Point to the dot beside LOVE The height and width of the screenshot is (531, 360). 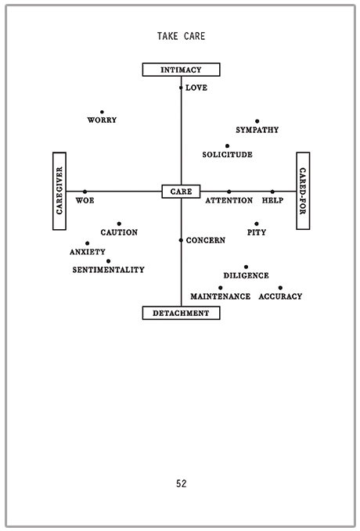tap(181, 88)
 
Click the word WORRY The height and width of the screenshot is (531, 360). tap(102, 120)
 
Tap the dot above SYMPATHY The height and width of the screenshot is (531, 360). tap(257, 121)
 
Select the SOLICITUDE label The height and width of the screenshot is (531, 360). tap(227, 154)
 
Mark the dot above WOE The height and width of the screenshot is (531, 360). tap(85, 192)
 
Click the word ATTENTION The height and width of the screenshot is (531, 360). tap(229, 200)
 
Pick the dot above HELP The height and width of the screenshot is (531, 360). tap(272, 192)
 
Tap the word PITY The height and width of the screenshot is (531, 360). tap(256, 232)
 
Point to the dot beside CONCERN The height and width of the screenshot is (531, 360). tap(181, 240)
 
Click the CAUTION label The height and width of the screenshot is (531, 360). tap(119, 232)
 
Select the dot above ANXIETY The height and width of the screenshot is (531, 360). tap(88, 243)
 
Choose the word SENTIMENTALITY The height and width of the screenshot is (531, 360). tap(108, 270)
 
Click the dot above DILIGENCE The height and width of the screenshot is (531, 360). tap(246, 267)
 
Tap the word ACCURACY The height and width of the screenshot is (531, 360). tap(280, 296)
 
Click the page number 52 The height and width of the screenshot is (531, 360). tap(182, 483)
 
